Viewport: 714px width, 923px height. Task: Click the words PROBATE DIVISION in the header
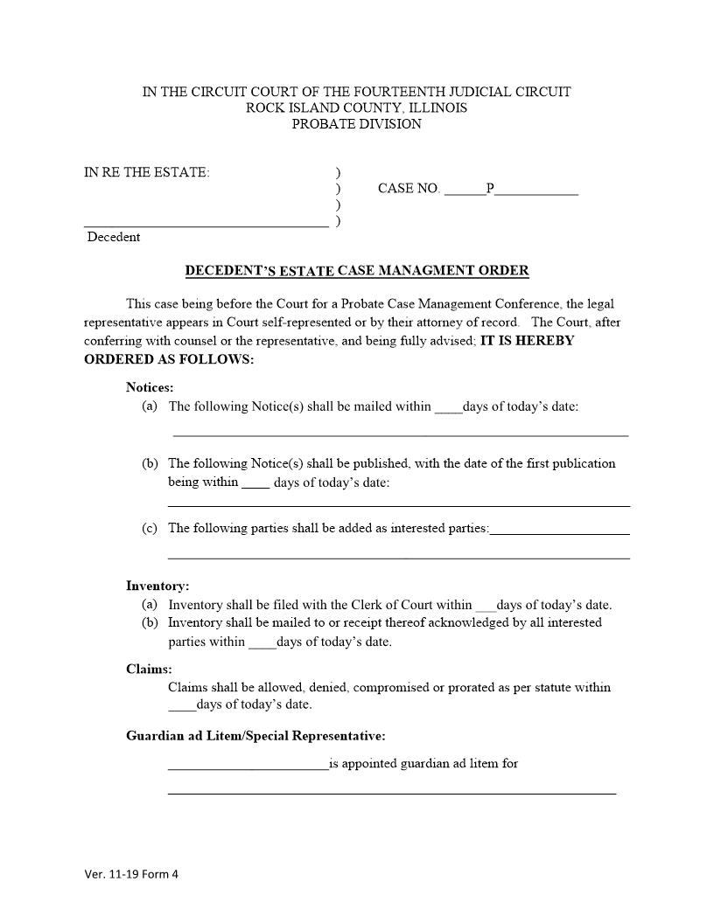click(356, 124)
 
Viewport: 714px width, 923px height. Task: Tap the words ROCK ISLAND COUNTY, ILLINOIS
click(356, 108)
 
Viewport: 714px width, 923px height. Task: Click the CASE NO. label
click(409, 188)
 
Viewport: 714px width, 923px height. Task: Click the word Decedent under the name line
click(113, 237)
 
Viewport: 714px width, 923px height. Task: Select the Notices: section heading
click(150, 387)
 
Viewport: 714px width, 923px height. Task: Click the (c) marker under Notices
click(150, 528)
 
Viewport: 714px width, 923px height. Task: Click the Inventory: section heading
click(157, 586)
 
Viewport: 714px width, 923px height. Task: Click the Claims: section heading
click(149, 670)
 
